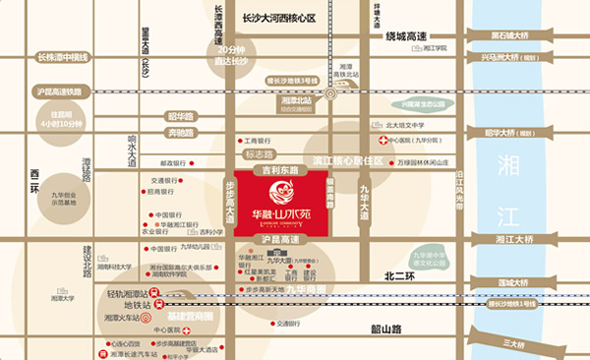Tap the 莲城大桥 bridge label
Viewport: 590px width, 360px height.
point(514,283)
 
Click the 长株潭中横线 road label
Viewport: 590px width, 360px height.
point(60,58)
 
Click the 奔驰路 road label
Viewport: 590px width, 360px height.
point(180,131)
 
